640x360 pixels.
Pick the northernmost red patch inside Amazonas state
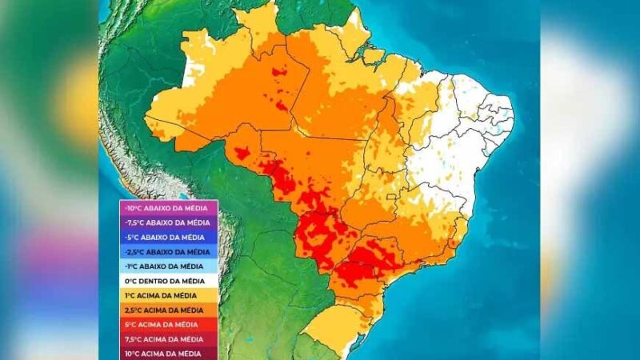pos(279,72)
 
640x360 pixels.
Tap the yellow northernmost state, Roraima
pos(260,24)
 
